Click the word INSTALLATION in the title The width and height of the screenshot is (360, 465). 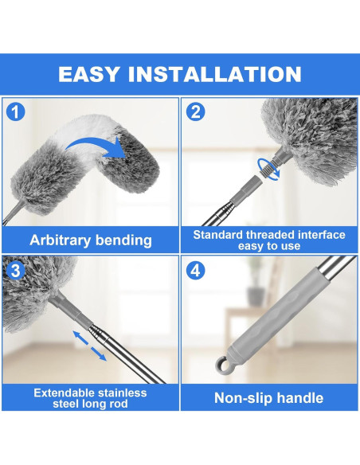pyautogui.click(x=222, y=75)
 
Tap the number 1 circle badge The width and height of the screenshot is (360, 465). pyautogui.click(x=17, y=111)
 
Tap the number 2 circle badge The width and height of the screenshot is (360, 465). pyautogui.click(x=196, y=111)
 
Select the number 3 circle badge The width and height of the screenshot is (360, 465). pyautogui.click(x=17, y=270)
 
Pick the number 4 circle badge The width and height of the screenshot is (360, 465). pyautogui.click(x=196, y=270)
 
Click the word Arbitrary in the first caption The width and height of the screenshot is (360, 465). pyautogui.click(x=62, y=239)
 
